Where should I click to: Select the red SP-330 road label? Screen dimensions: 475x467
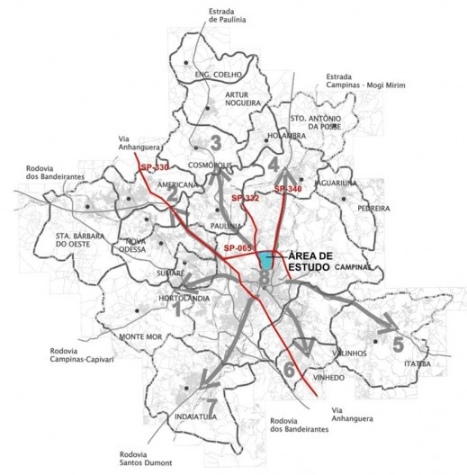point(154,167)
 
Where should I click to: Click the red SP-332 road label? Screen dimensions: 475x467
point(245,197)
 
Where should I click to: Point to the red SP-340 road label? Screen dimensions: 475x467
point(288,189)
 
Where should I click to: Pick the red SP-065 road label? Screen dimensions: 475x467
point(238,247)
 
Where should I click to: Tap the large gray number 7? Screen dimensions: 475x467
point(211,404)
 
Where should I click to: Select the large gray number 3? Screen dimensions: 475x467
point(215,141)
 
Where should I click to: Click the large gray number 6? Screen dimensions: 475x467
point(288,369)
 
